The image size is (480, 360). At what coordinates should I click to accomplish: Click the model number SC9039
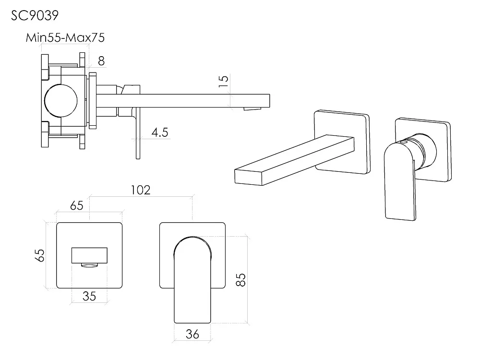(35, 15)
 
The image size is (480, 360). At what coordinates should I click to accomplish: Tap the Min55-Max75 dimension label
(65, 37)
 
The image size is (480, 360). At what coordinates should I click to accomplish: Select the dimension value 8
(101, 61)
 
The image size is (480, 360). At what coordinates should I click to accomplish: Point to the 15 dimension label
(224, 81)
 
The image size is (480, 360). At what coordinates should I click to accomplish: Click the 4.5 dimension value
(160, 132)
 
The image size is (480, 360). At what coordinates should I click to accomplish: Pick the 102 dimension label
(141, 190)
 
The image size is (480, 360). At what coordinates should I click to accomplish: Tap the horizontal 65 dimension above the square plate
(76, 206)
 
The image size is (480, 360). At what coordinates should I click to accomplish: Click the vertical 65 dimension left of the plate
(40, 255)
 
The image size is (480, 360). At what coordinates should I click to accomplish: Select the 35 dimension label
(89, 296)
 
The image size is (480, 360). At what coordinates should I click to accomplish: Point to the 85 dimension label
(240, 280)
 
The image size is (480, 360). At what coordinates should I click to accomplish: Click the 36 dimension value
(192, 334)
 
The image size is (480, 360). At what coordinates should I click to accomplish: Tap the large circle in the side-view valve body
(60, 101)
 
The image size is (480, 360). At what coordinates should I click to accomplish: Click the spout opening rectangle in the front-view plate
(89, 255)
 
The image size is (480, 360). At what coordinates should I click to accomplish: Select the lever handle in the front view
(192, 280)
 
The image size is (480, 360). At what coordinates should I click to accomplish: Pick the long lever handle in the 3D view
(400, 181)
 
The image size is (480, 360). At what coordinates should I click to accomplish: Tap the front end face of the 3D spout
(248, 177)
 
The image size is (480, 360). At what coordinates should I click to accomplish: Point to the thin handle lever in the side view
(138, 133)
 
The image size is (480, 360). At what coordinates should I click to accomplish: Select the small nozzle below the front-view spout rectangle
(89, 265)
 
